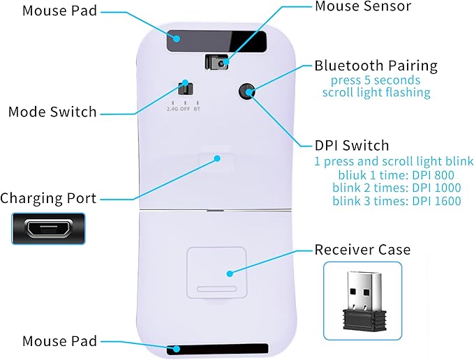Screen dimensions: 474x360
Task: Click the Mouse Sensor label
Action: point(363,6)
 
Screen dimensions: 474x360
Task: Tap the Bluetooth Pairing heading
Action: point(376,66)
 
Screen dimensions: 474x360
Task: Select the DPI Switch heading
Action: point(352,145)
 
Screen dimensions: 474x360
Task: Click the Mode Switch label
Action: point(52,112)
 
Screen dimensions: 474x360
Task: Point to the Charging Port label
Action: point(48,198)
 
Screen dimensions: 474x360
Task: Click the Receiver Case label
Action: point(362,250)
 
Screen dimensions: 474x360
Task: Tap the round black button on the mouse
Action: point(246,91)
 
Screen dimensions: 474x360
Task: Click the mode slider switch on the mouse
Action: point(185,89)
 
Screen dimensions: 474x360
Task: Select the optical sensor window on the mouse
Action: point(216,62)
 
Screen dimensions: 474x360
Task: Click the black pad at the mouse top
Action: point(216,40)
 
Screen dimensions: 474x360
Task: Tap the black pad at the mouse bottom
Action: point(217,349)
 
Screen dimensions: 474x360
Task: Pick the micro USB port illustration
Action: point(48,229)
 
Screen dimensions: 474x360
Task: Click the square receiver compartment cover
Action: point(216,273)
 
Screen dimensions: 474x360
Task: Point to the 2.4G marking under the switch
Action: point(172,109)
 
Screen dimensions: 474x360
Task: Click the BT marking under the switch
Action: point(197,109)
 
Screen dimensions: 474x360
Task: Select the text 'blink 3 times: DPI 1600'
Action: point(397,201)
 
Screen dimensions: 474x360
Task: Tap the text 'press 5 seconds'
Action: point(376,81)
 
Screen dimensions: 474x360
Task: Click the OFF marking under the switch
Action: point(185,109)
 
